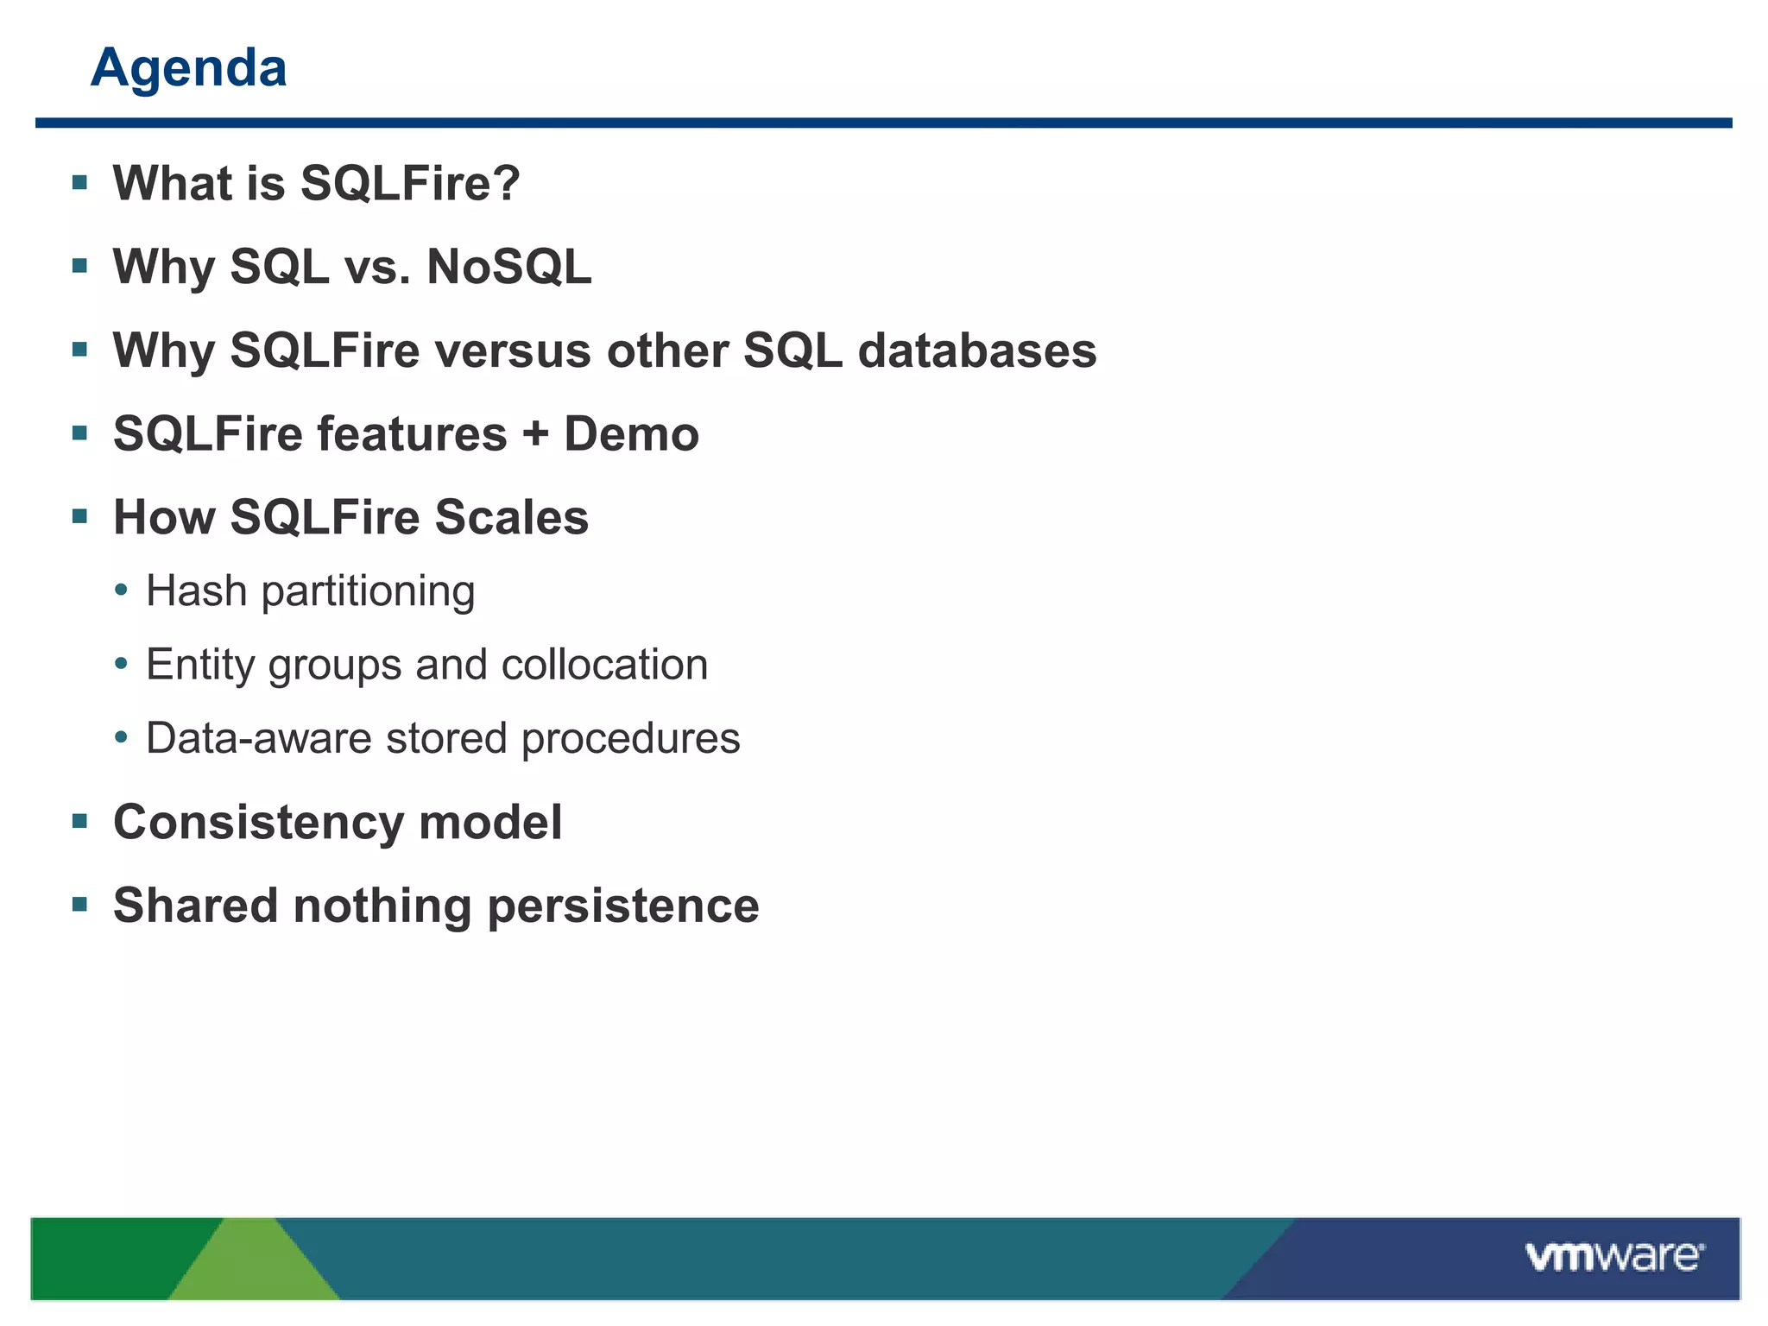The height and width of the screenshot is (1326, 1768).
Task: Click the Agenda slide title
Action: coord(188,67)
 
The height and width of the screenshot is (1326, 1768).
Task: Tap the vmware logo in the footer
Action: coord(1613,1256)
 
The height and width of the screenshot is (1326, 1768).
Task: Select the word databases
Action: coord(976,350)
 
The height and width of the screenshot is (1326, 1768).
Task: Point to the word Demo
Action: coord(631,433)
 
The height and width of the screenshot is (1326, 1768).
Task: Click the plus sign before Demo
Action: coord(535,433)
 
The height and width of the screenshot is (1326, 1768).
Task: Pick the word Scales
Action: coord(511,517)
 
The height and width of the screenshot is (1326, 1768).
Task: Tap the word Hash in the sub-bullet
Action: coord(196,591)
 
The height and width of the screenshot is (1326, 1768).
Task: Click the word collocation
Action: coord(604,665)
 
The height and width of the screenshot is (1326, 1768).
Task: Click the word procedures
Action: coord(630,739)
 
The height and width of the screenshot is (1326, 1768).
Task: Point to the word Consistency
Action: coord(258,822)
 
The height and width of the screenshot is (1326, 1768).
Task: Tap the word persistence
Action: coord(622,906)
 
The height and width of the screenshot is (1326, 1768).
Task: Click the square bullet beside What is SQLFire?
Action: coord(80,182)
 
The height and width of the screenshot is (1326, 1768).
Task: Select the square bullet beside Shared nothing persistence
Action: coord(80,905)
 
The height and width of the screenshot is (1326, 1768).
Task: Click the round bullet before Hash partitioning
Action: coord(122,591)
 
